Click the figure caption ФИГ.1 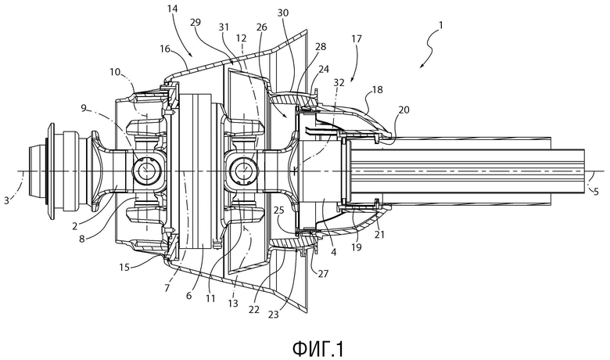pos(318,349)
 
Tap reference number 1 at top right pos(441,26)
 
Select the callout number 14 pos(173,8)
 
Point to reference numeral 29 pos(196,22)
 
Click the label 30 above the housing pos(283,13)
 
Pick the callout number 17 pos(357,39)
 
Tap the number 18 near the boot pos(377,89)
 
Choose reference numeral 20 pos(404,110)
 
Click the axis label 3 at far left pos(6,201)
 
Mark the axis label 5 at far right pos(597,191)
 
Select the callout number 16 pos(165,49)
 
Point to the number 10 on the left pos(115,72)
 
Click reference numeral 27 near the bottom pos(323,274)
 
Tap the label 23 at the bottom pos(274,314)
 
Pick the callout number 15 pos(124,267)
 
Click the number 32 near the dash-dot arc pos(339,82)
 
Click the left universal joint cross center pos(146,169)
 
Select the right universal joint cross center pos(243,170)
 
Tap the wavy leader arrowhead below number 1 pos(421,67)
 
